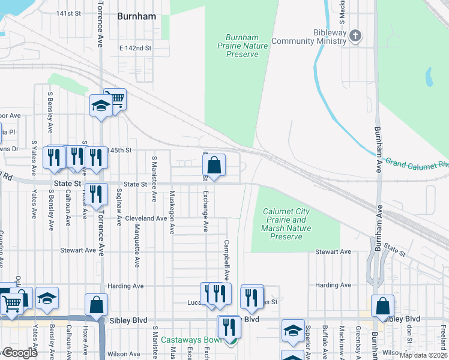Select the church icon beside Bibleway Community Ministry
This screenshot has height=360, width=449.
click(355, 35)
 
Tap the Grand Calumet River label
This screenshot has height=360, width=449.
click(417, 163)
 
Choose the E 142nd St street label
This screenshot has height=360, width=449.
click(135, 48)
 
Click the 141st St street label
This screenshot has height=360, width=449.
click(68, 13)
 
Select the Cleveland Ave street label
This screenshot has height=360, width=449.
click(146, 218)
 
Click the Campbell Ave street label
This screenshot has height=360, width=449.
click(227, 260)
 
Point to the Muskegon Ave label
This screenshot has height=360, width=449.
click(172, 212)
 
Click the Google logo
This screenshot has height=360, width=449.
click(19, 353)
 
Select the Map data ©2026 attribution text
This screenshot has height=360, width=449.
click(424, 355)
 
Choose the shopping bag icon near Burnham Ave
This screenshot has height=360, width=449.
click(382, 306)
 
